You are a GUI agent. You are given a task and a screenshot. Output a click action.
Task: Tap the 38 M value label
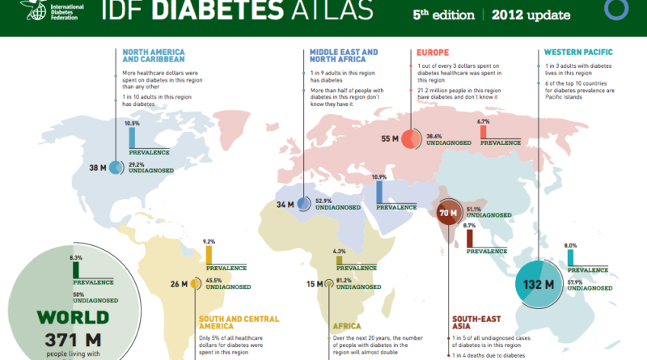(99, 168)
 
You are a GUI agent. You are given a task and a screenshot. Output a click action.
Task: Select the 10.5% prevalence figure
(133, 124)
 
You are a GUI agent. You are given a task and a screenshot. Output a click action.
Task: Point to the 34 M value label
(286, 204)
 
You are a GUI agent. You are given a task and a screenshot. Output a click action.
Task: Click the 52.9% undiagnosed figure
(325, 199)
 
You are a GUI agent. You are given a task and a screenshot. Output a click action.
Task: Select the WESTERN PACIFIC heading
(578, 52)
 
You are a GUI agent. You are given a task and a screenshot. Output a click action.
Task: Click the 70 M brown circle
(448, 214)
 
